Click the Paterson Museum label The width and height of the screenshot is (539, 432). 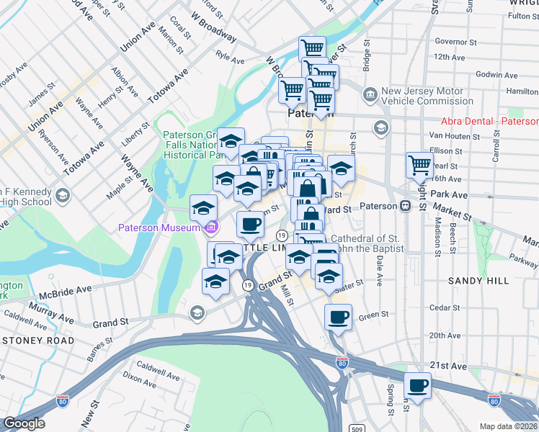(x=159, y=229)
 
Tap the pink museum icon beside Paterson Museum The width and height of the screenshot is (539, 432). (x=211, y=229)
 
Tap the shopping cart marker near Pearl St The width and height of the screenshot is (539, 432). (x=419, y=165)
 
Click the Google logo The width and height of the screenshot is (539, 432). (x=24, y=423)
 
